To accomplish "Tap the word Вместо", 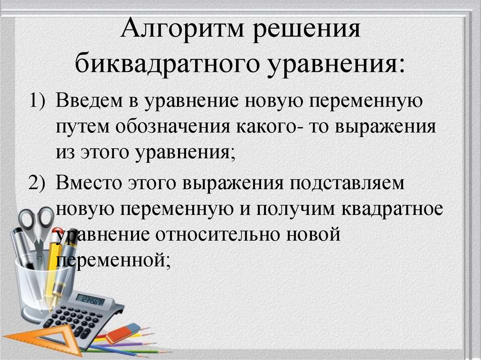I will (x=88, y=183).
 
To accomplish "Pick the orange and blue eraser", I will (x=123, y=333).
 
